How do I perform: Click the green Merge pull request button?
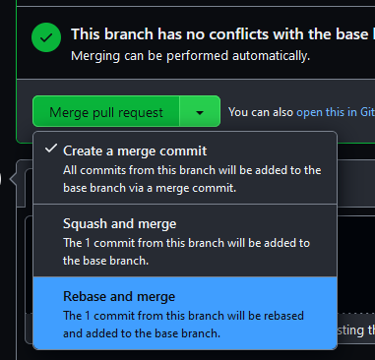click(105, 112)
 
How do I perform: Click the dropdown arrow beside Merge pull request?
click(200, 112)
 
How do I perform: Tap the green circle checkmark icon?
click(45, 40)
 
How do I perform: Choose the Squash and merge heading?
click(120, 224)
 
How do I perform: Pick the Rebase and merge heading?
click(119, 297)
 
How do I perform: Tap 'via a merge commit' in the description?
click(190, 188)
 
